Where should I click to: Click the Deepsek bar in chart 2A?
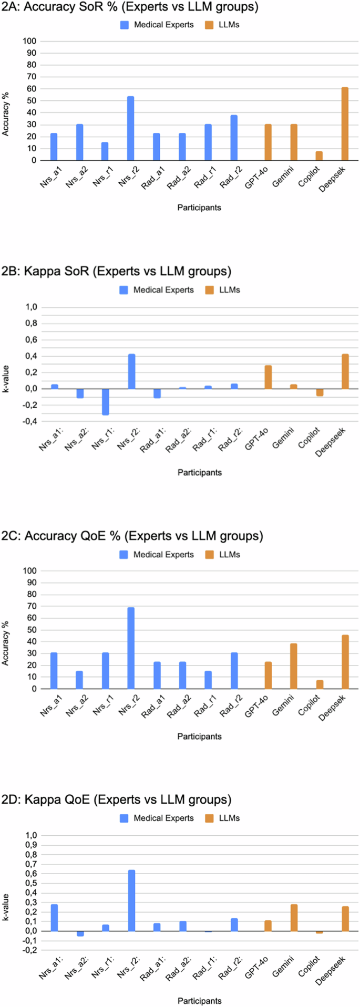click(345, 124)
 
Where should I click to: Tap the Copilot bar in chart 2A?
click(319, 156)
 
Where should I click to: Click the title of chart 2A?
click(130, 7)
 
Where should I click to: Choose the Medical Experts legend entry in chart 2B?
click(157, 290)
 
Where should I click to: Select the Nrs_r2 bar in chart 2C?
click(131, 648)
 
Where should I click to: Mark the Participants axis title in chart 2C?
click(199, 736)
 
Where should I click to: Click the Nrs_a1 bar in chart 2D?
click(54, 918)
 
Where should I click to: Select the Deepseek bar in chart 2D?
click(345, 919)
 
